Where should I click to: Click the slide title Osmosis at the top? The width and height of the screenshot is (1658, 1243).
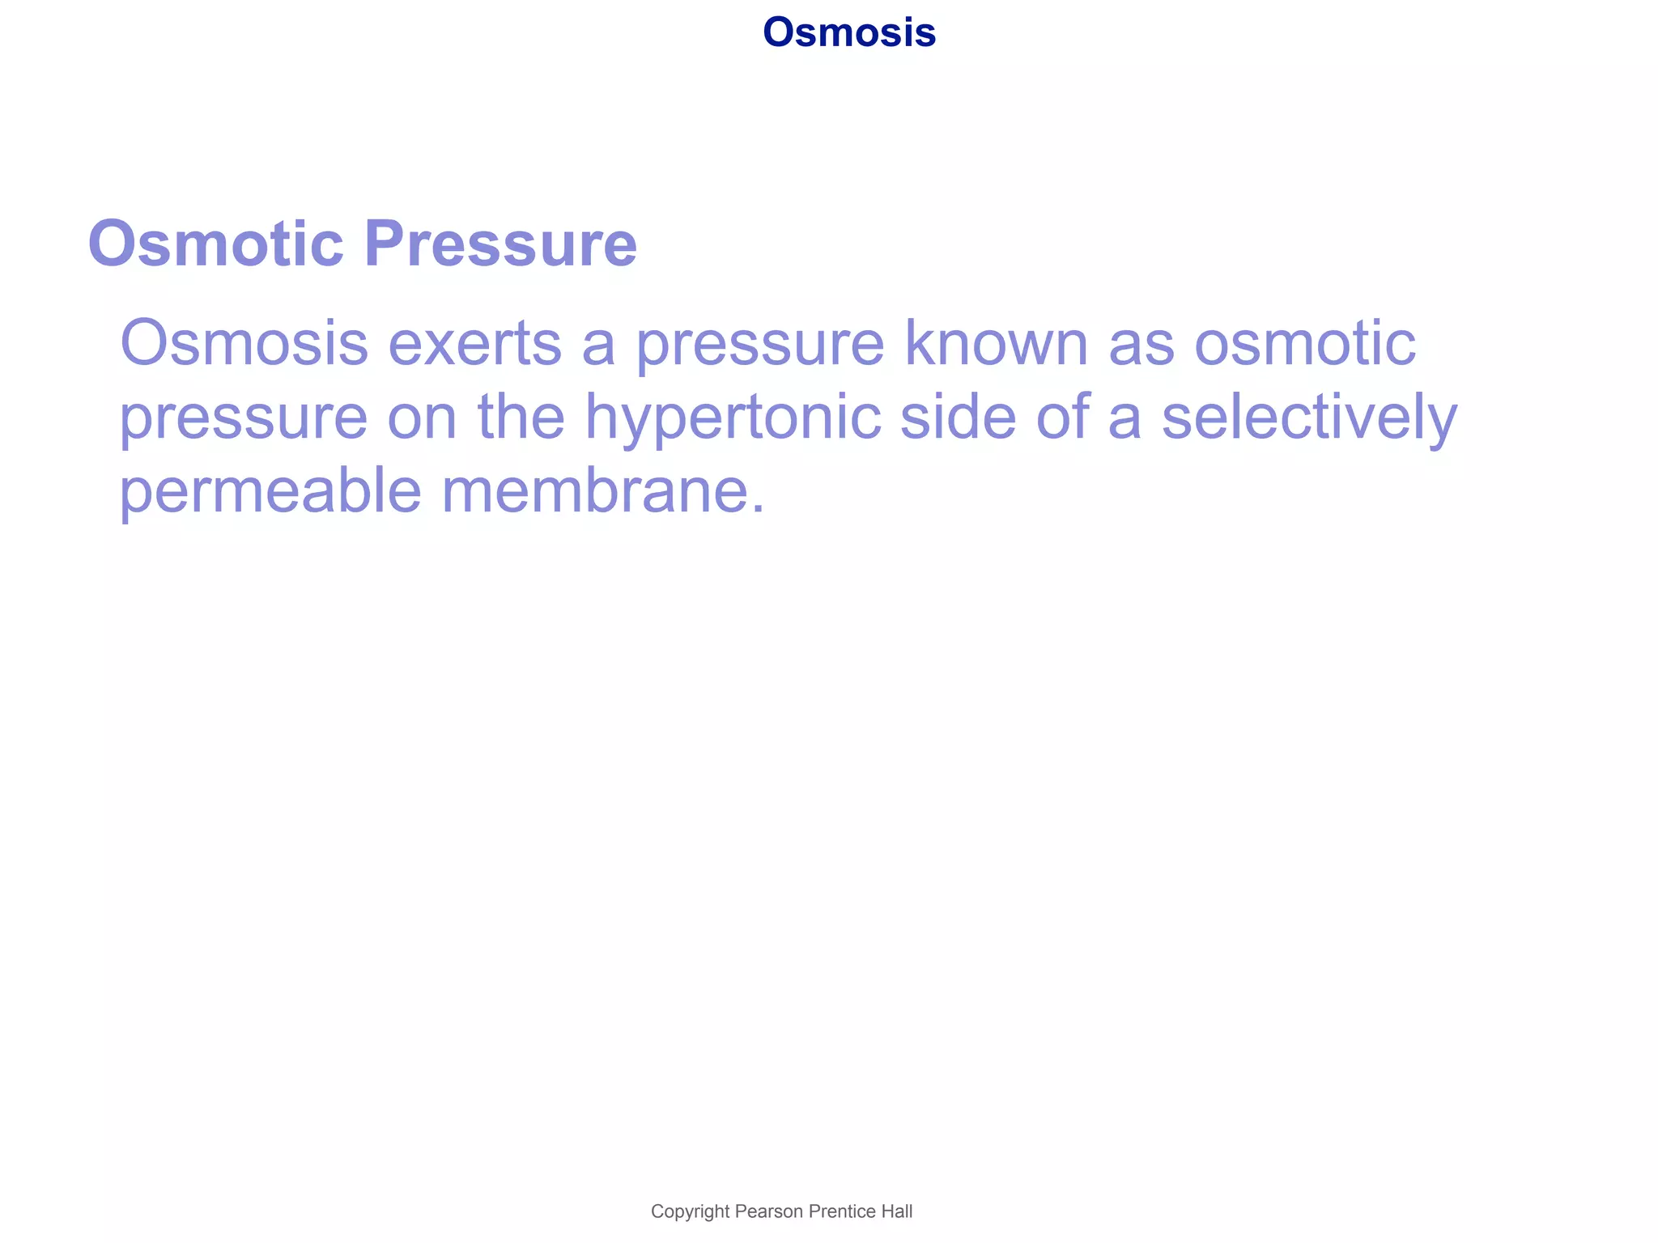[x=848, y=33]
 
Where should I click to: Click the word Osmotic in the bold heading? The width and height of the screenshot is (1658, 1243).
[x=216, y=244]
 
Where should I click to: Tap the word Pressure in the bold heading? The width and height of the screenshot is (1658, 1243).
[x=500, y=244]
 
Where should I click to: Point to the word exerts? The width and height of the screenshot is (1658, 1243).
[x=475, y=343]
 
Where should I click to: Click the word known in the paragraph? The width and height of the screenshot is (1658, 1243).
[x=996, y=343]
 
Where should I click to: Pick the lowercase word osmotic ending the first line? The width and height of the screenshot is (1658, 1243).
[x=1305, y=343]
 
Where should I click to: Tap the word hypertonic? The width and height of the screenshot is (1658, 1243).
[x=733, y=418]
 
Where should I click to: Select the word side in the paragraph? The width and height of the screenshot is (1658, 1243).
[x=958, y=418]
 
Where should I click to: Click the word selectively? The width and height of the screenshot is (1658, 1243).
[x=1309, y=418]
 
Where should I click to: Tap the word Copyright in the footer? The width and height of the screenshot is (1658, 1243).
[x=691, y=1211]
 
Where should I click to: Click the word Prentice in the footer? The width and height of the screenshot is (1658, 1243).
[x=842, y=1211]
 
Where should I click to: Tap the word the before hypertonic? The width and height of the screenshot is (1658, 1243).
[x=521, y=418]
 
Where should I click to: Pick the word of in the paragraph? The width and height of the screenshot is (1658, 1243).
[x=1061, y=418]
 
